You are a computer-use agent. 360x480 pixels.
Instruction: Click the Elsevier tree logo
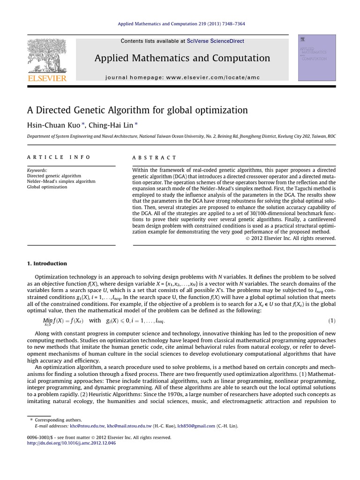(46, 56)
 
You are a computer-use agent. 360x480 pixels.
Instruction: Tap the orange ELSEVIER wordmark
(46, 78)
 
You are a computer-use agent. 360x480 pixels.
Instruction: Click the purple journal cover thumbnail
(316, 57)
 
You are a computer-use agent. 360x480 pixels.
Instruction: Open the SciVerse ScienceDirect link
(215, 41)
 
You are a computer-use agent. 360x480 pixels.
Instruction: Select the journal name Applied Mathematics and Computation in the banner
(182, 58)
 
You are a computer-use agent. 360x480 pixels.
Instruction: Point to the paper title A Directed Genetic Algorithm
(137, 110)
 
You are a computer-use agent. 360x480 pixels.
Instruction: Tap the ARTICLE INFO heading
(59, 157)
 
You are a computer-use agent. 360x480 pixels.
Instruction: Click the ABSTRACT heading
(155, 157)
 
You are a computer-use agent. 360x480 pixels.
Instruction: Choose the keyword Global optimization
(47, 187)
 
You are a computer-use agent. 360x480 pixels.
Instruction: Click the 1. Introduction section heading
(47, 263)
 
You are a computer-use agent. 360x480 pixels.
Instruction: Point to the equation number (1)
(332, 321)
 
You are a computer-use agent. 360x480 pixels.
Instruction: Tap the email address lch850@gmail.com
(196, 426)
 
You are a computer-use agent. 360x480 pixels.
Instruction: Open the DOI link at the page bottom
(71, 443)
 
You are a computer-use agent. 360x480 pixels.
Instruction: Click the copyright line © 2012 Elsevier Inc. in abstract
(291, 238)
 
